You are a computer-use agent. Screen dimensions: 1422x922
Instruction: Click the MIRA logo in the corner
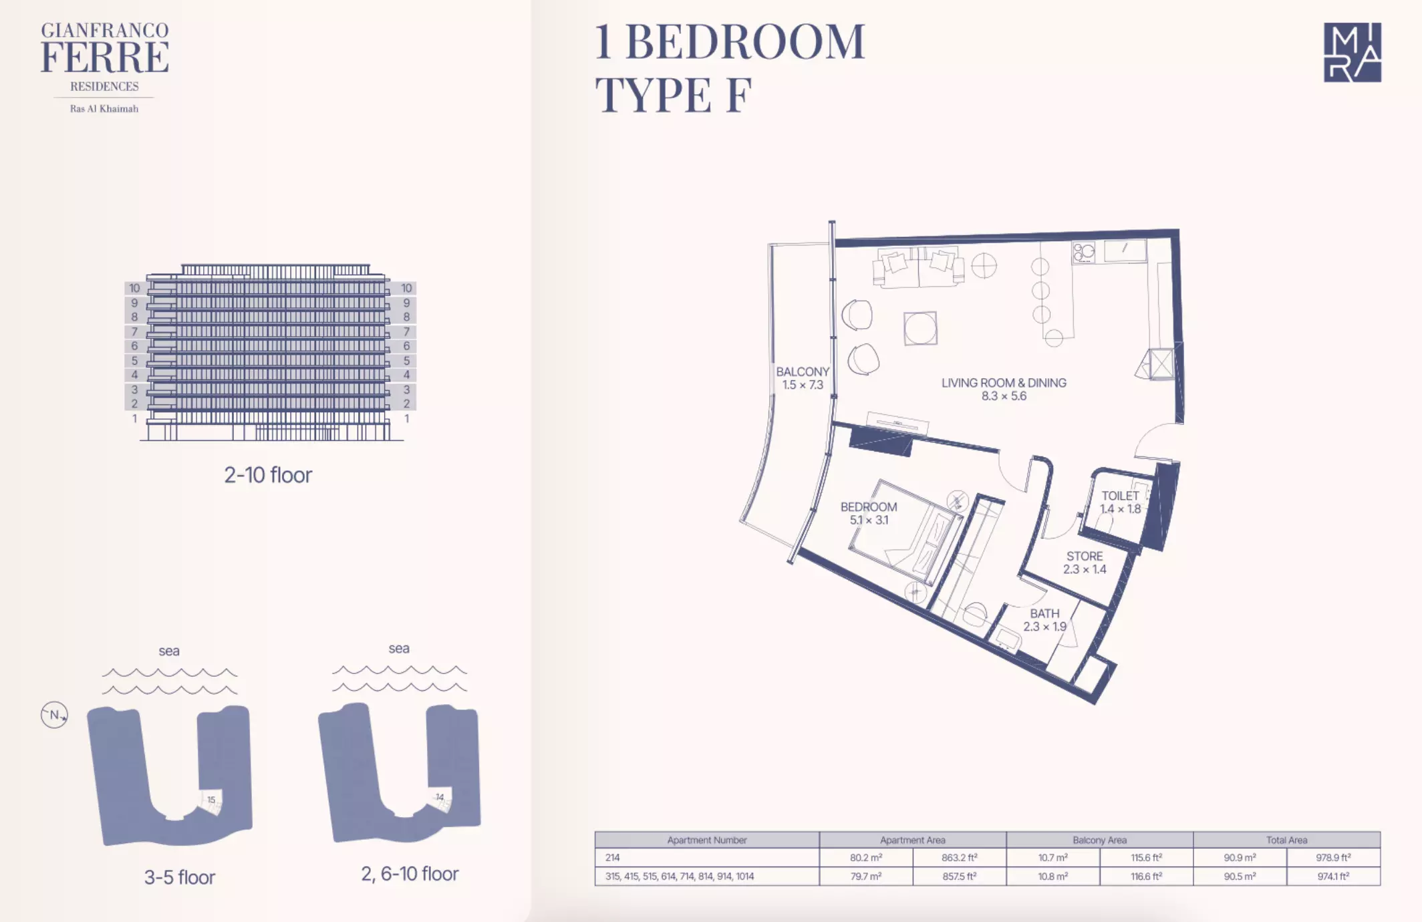(1352, 52)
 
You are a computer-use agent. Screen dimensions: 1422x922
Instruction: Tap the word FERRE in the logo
(105, 57)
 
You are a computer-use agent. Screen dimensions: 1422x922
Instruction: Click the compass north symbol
(54, 715)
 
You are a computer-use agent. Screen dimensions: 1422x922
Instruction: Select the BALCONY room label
(803, 371)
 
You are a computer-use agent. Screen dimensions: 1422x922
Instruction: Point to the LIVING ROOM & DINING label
(1004, 383)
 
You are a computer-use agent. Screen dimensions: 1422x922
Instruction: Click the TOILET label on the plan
(1120, 496)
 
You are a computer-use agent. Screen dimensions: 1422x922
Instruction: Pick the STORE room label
(1085, 556)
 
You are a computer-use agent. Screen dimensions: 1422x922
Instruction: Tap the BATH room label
(1044, 613)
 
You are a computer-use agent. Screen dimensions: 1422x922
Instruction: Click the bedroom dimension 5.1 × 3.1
(869, 520)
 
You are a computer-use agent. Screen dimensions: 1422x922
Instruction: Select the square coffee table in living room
(920, 329)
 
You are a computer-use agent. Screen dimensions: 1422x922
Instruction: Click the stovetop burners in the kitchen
(1084, 252)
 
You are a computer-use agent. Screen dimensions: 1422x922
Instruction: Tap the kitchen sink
(1125, 251)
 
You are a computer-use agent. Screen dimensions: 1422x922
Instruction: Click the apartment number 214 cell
(612, 857)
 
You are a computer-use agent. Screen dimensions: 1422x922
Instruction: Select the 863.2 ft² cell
(960, 857)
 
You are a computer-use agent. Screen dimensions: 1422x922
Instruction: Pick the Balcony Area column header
(1099, 840)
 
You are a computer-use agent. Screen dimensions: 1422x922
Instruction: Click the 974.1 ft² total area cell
(1334, 876)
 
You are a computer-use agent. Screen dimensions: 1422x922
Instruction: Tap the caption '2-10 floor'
(268, 475)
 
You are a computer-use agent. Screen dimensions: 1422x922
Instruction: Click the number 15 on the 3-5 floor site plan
(211, 800)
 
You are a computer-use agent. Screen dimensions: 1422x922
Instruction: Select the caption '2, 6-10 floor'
(410, 874)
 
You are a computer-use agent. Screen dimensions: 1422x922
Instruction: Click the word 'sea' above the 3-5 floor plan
(169, 651)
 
